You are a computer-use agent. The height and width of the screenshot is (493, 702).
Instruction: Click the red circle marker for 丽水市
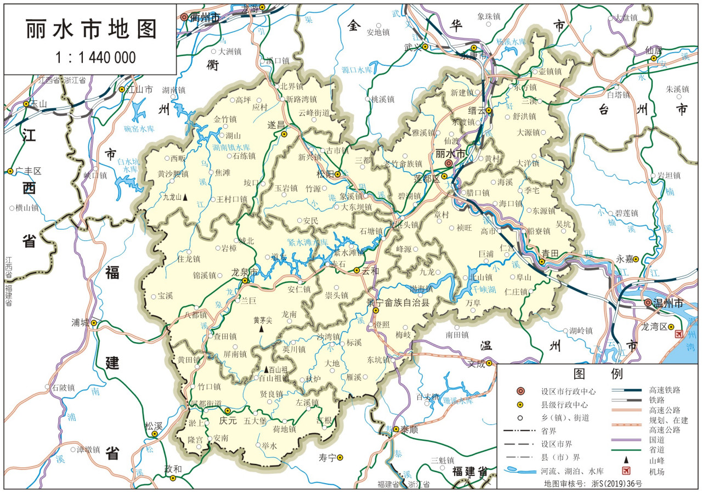pyautogui.click(x=449, y=163)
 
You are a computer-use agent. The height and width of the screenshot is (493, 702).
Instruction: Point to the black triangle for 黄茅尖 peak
pyautogui.click(x=262, y=330)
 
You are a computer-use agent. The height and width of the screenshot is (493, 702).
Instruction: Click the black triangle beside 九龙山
pyautogui.click(x=185, y=196)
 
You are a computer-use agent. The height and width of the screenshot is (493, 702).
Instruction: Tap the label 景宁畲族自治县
pyautogui.click(x=398, y=302)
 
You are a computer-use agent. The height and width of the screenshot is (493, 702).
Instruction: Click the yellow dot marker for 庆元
pyautogui.click(x=228, y=411)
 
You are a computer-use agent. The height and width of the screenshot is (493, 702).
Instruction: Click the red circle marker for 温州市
pyautogui.click(x=648, y=303)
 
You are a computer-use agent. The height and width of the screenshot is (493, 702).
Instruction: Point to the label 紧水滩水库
pyautogui.click(x=308, y=242)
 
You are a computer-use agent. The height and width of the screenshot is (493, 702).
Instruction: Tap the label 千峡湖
pyautogui.click(x=485, y=289)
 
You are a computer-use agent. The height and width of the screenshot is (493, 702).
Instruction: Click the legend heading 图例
pyautogui.click(x=597, y=374)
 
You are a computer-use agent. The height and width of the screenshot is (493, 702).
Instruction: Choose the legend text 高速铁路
pyautogui.click(x=665, y=390)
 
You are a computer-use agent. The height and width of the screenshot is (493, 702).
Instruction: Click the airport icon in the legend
pyautogui.click(x=625, y=471)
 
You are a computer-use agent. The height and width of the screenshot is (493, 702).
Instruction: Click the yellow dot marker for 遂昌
pyautogui.click(x=284, y=134)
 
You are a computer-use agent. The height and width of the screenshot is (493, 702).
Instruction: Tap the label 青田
pyautogui.click(x=550, y=253)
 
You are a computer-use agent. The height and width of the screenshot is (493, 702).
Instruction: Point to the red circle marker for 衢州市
pyautogui.click(x=184, y=17)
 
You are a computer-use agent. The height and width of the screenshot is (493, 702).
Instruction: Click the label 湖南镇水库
pyautogui.click(x=231, y=148)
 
